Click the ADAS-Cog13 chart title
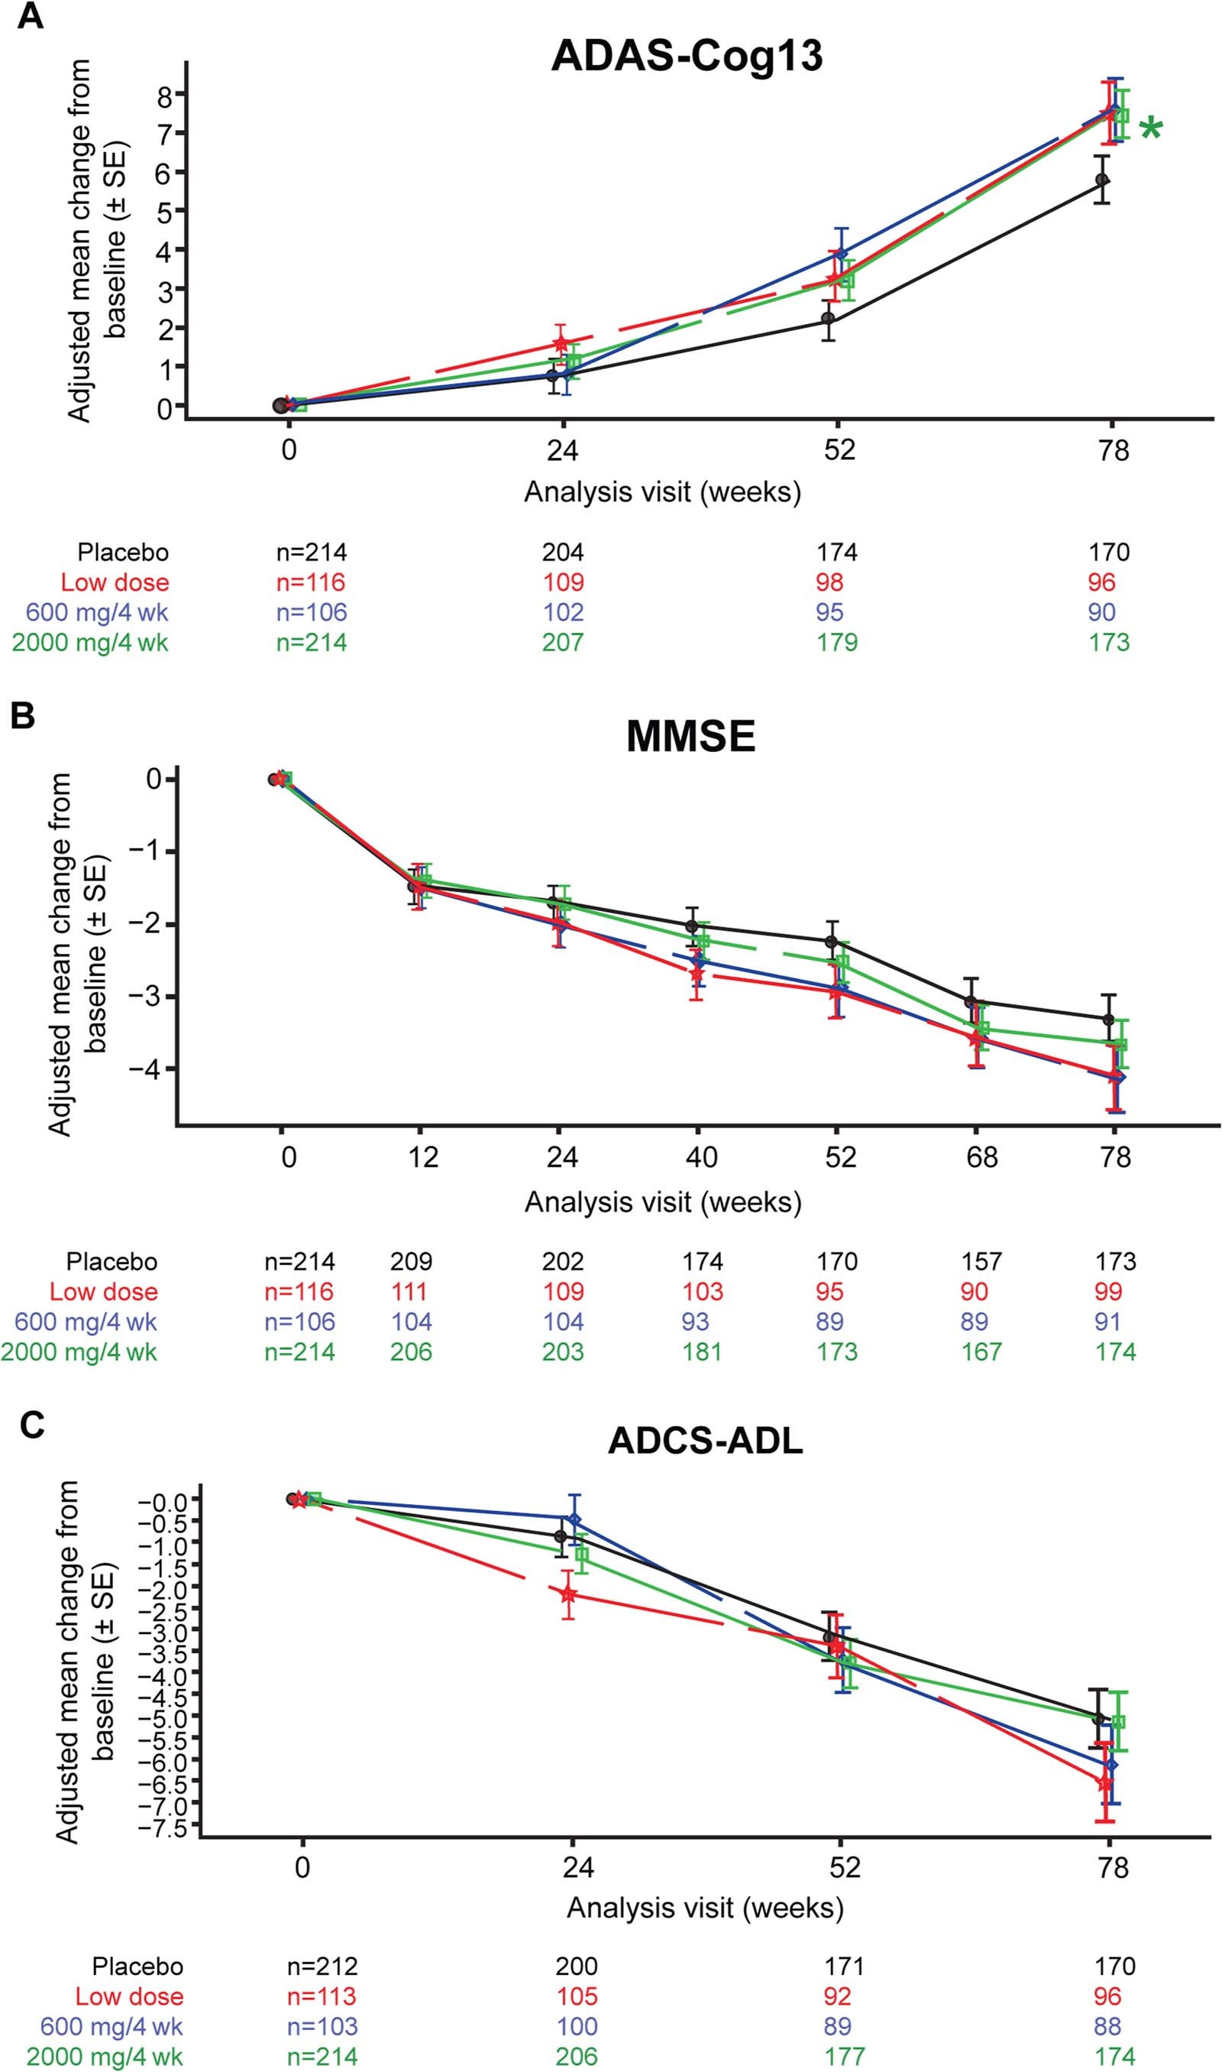click(687, 57)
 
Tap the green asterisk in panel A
click(1150, 129)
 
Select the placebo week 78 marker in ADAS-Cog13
click(1102, 180)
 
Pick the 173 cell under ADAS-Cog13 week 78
click(1108, 642)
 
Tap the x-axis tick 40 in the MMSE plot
click(701, 1156)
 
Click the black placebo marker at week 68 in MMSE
click(971, 1002)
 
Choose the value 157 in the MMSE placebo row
click(981, 1261)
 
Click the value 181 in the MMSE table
click(702, 1352)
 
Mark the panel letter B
click(22, 716)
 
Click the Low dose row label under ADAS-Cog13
click(115, 582)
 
